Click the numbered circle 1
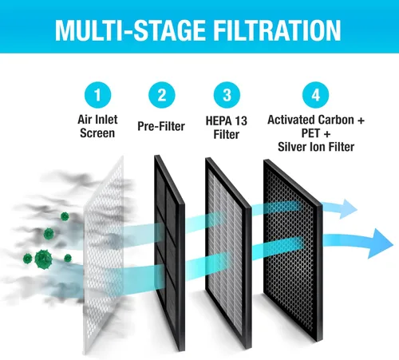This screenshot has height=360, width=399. click(x=97, y=95)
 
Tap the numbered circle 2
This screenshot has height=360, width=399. click(x=162, y=95)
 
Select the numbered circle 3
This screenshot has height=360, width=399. click(x=227, y=95)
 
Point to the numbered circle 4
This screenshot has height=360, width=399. click(x=316, y=95)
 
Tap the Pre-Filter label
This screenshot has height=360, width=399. click(x=161, y=126)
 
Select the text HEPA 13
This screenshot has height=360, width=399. click(x=227, y=121)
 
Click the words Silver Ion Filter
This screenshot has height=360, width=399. click(x=316, y=147)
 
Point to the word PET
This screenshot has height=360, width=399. click(x=310, y=133)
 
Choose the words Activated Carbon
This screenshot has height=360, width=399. click(x=310, y=120)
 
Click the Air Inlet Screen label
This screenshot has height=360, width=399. click(x=97, y=126)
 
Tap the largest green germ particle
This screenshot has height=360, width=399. click(x=43, y=259)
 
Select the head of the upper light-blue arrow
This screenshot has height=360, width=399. click(x=348, y=208)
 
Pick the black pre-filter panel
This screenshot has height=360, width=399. click(x=169, y=253)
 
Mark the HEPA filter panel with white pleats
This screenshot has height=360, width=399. click(x=228, y=253)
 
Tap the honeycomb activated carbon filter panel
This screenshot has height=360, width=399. click(x=293, y=250)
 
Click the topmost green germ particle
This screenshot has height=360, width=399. click(x=65, y=216)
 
